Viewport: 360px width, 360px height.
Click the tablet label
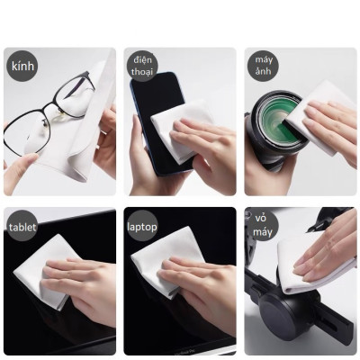[22, 227]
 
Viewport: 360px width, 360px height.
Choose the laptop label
[142, 227]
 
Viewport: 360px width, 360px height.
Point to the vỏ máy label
[262, 229]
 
